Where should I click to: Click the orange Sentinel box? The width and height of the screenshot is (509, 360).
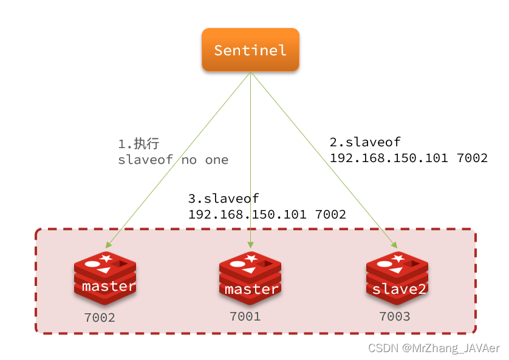pyautogui.click(x=250, y=49)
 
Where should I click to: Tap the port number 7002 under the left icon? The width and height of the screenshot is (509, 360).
pyautogui.click(x=100, y=317)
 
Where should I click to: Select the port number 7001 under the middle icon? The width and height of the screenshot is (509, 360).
pyautogui.click(x=245, y=316)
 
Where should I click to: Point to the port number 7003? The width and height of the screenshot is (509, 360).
pyautogui.click(x=394, y=316)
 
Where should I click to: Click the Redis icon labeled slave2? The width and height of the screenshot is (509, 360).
pyautogui.click(x=397, y=278)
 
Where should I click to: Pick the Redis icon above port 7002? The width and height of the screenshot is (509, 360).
pyautogui.click(x=104, y=278)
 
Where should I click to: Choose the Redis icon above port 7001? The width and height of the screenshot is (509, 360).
pyautogui.click(x=250, y=278)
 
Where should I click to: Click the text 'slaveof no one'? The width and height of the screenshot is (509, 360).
pyautogui.click(x=173, y=160)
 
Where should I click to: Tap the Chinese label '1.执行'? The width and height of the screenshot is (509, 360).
pyautogui.click(x=138, y=144)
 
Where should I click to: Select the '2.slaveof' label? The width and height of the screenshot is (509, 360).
pyautogui.click(x=365, y=142)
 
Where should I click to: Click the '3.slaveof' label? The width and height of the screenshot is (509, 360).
pyautogui.click(x=224, y=199)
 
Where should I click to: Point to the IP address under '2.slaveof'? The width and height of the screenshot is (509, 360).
pyautogui.click(x=408, y=158)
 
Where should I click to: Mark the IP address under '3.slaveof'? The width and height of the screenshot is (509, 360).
pyautogui.click(x=267, y=214)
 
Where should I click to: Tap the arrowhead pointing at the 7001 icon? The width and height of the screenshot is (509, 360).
pyautogui.click(x=250, y=245)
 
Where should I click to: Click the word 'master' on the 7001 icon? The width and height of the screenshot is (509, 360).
pyautogui.click(x=251, y=290)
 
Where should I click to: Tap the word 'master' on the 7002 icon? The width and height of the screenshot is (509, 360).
pyautogui.click(x=109, y=286)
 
